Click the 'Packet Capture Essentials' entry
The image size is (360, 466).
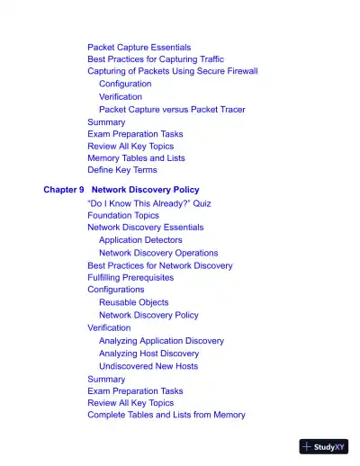point(139,47)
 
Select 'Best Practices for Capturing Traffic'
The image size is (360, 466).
point(156,58)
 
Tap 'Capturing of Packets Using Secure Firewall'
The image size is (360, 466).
point(172,71)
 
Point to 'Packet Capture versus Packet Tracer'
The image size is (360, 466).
point(172,110)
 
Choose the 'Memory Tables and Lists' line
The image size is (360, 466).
point(136,157)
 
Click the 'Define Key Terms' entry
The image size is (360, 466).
point(121,169)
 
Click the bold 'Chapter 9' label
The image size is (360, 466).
point(63,191)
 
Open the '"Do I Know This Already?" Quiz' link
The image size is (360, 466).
point(149,203)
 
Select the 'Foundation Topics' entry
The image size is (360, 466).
point(123,216)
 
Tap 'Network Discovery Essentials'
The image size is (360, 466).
point(145,228)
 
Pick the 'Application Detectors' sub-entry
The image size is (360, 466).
point(140,240)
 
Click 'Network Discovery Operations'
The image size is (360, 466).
point(158,254)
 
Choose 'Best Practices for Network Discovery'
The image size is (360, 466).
point(159,265)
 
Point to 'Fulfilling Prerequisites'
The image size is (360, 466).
point(130,278)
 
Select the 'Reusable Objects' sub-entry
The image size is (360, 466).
point(133,302)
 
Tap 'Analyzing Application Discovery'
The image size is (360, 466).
point(161,341)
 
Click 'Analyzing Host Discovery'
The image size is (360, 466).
point(148,354)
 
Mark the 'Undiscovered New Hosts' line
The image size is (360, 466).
point(148,366)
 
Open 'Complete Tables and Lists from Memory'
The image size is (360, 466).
point(166,415)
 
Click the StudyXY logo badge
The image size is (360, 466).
point(324,446)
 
